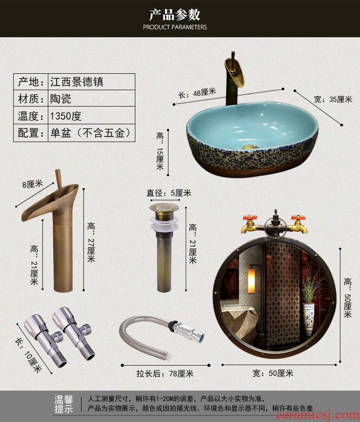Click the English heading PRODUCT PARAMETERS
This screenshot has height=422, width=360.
pyautogui.click(x=175, y=27)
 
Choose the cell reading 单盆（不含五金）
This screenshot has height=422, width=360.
pyautogui.click(x=91, y=133)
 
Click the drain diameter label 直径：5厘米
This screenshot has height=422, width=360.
pyautogui.click(x=169, y=193)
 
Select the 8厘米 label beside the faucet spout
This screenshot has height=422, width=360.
pyautogui.click(x=33, y=184)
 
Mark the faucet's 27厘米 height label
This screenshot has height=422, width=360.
pyautogui.click(x=91, y=243)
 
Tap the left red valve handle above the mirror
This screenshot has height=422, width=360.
pyautogui.click(x=250, y=218)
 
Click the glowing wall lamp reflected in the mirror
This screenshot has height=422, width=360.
pyautogui.click(x=251, y=280)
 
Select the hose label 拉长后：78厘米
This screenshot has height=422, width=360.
pyautogui.click(x=165, y=374)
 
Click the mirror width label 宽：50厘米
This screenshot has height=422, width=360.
pyautogui.click(x=273, y=373)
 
